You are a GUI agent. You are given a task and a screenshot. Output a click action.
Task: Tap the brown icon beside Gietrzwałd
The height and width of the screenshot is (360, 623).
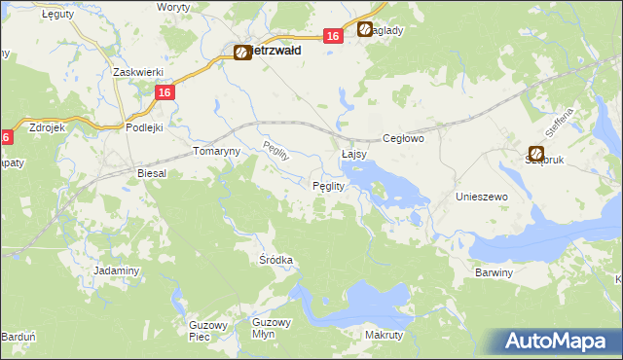coord(242,54)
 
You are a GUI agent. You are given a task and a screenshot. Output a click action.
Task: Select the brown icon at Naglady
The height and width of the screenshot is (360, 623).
coord(365,30)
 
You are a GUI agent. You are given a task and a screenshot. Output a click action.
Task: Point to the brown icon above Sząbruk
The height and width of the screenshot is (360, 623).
coord(536,153)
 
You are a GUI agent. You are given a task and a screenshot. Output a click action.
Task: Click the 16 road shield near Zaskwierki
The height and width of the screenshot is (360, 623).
coord(164,92)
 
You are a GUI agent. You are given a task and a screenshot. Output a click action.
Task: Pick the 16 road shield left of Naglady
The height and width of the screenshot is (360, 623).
coord(333,36)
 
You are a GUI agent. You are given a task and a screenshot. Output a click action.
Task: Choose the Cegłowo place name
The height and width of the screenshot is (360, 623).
coord(404,139)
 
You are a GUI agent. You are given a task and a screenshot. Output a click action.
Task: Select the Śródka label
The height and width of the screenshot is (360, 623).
coord(276,260)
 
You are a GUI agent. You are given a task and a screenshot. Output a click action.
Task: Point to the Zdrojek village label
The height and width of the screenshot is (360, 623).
coord(48,127)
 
